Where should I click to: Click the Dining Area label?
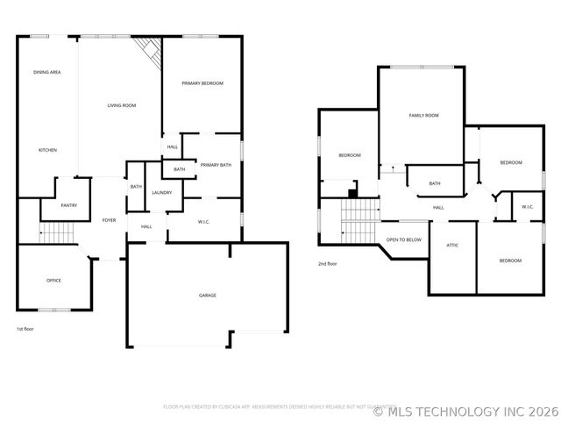(x=46, y=72)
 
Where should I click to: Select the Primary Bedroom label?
(x=202, y=83)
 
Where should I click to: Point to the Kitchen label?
(x=47, y=150)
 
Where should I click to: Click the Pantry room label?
(x=69, y=206)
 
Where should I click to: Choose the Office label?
(x=53, y=281)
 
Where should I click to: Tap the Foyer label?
(x=110, y=220)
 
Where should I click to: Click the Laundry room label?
(x=161, y=193)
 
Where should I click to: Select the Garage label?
(x=207, y=295)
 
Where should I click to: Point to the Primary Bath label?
(x=216, y=165)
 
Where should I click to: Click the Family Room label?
(x=423, y=115)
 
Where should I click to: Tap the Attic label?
(x=453, y=245)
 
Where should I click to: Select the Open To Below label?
(x=404, y=239)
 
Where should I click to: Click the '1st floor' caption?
(x=25, y=329)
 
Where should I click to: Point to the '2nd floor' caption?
(x=328, y=263)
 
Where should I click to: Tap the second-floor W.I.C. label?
(x=528, y=207)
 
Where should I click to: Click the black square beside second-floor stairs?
(x=352, y=194)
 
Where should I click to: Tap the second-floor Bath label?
(x=435, y=183)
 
